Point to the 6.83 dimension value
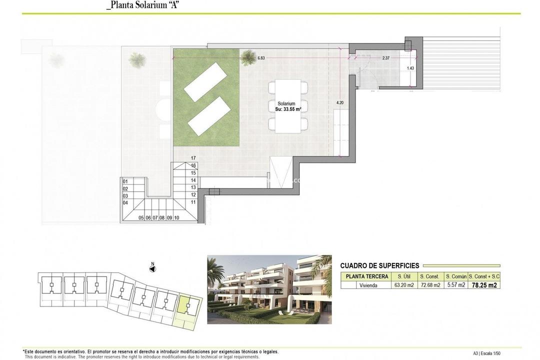[261, 58]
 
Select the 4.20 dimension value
[339, 102]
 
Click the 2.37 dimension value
[385, 58]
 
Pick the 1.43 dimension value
[410, 68]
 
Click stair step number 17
[193, 158]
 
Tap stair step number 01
[125, 181]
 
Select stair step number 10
[176, 217]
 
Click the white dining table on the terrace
[288, 105]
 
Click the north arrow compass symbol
[153, 268]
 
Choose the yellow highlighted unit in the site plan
[184, 303]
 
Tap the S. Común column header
[456, 276]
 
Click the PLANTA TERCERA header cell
[364, 276]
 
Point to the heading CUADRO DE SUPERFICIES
[379, 266]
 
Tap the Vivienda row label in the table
[364, 285]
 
